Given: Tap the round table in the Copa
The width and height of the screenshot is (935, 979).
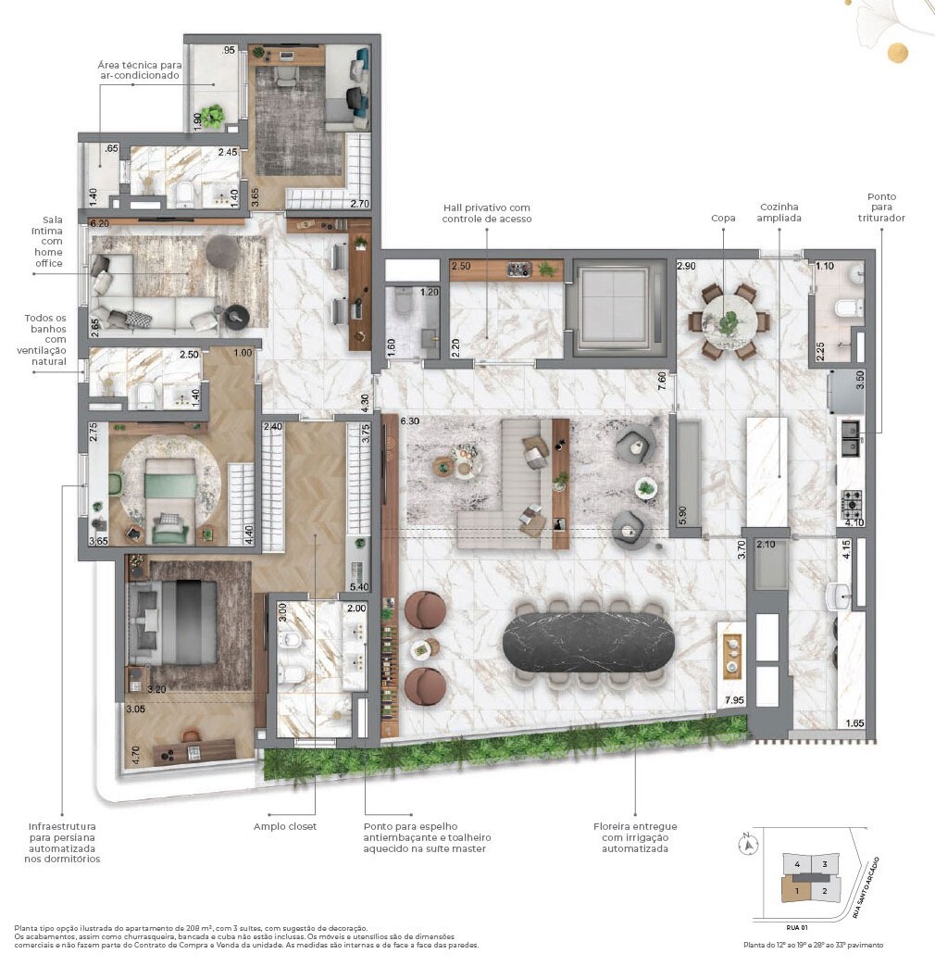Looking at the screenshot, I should click(729, 321).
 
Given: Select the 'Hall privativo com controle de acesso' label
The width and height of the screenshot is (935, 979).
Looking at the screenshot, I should click(486, 214).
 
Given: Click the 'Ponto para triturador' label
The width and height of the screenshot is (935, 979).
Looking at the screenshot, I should click(880, 207).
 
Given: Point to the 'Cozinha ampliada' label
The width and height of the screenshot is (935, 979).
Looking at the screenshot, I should click(779, 213).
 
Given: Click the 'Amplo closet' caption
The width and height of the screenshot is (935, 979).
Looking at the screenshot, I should click(285, 826).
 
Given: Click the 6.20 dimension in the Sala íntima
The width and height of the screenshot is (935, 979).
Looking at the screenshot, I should click(99, 223).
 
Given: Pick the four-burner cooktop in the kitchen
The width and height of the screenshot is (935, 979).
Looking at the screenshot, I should click(851, 506).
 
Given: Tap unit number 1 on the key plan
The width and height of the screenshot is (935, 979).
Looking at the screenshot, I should click(794, 891).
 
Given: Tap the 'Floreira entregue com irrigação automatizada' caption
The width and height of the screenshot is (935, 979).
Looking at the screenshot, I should click(635, 837).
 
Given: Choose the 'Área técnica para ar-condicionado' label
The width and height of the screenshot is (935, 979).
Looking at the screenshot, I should click(139, 70).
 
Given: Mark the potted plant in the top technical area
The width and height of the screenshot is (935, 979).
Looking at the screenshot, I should click(215, 116).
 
